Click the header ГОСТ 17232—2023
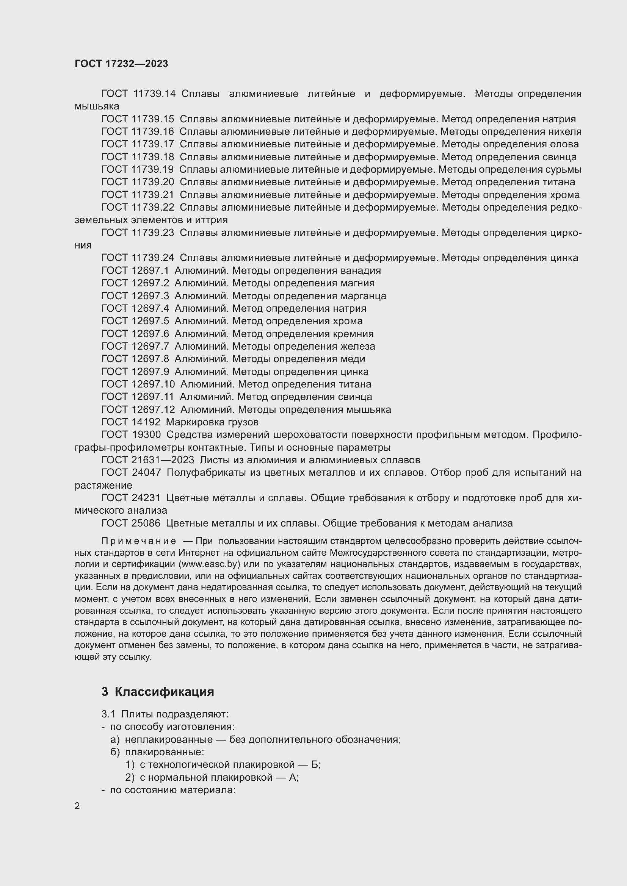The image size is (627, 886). point(121,64)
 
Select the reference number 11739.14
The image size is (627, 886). point(154,94)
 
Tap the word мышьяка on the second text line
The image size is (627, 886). point(97,106)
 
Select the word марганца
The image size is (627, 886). point(363,296)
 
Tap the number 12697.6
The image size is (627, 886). point(150,334)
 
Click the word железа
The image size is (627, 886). point(358,347)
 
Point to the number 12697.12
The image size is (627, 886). point(153,409)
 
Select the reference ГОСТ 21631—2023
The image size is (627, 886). point(148,460)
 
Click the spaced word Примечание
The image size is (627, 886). point(139,541)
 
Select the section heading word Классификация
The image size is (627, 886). point(165,692)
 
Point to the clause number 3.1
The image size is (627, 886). point(108,714)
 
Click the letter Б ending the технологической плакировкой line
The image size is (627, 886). point(315,764)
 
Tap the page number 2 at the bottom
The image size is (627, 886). point(77,806)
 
